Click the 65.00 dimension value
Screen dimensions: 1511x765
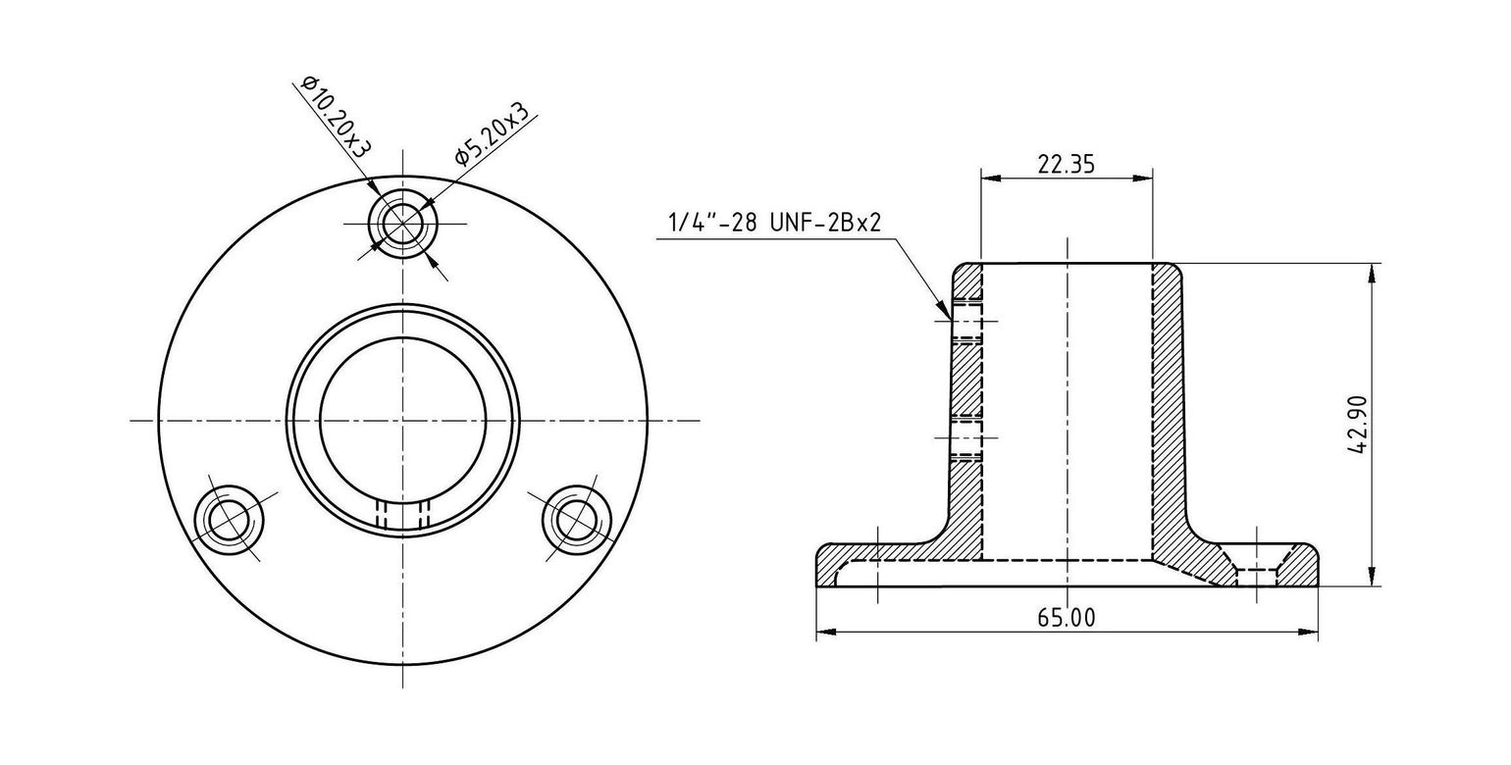pyautogui.click(x=1067, y=617)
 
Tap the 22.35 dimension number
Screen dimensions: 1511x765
pyautogui.click(x=1066, y=164)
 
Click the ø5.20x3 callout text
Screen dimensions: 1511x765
pyautogui.click(x=491, y=132)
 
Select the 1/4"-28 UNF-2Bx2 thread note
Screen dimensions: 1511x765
pyautogui.click(x=774, y=222)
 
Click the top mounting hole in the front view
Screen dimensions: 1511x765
pyautogui.click(x=402, y=224)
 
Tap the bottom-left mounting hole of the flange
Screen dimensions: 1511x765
pyautogui.click(x=228, y=520)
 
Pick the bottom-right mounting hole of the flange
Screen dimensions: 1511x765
pyautogui.click(x=577, y=520)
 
